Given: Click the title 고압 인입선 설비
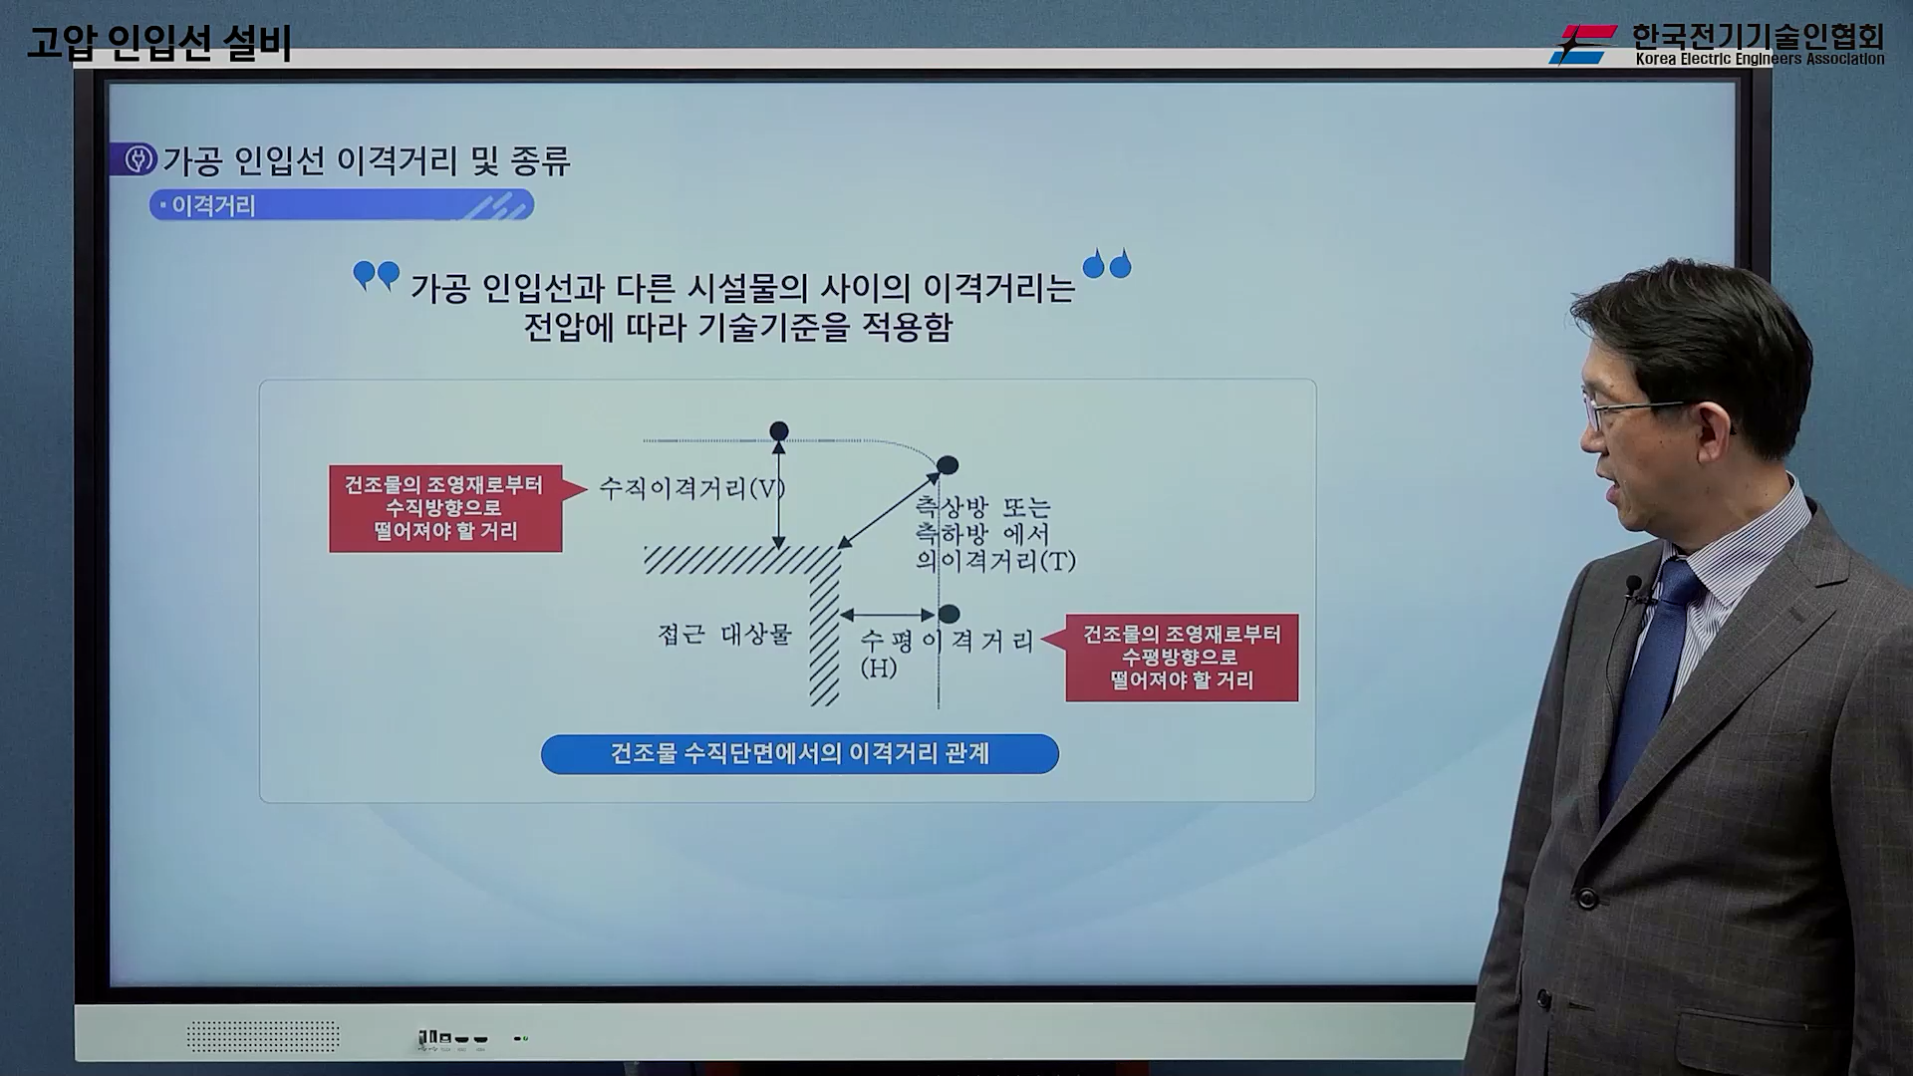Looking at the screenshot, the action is point(159,43).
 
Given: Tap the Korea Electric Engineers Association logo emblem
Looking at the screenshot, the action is point(1583,45).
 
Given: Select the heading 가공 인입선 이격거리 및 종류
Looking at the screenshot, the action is point(367,160).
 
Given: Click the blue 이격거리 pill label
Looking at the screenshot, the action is point(342,205).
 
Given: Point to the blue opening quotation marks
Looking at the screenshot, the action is point(377,275).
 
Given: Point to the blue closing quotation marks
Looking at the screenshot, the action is point(1107,263).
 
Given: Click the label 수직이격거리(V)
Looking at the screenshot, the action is point(691,488).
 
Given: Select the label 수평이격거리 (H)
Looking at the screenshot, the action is point(947,654).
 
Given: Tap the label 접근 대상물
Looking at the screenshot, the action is point(724,634).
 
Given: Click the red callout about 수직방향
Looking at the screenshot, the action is point(445,508).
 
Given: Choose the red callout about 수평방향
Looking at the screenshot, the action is point(1182,658).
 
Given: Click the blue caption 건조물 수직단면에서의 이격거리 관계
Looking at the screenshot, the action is point(800,754).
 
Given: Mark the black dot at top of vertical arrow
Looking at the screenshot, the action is point(779,431).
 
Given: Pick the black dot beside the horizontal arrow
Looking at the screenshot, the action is point(950,614).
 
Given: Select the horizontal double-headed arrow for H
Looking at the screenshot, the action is point(888,616).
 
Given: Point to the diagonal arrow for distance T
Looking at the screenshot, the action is point(889,510).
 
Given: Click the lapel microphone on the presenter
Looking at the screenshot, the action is point(1634,589).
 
